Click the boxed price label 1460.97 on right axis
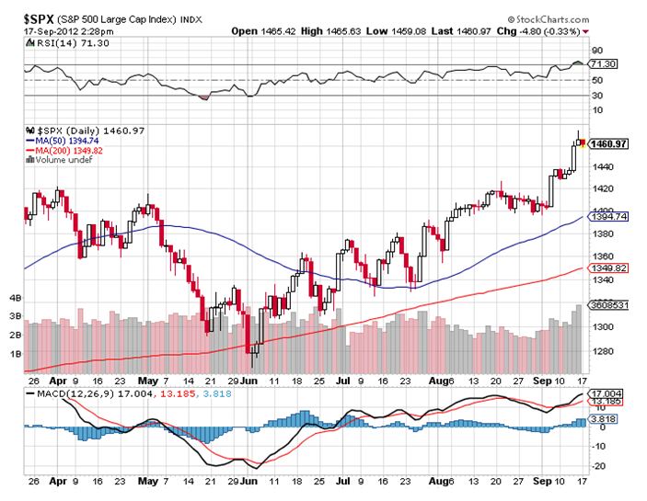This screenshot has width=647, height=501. (x=608, y=144)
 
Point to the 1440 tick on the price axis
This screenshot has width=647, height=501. (x=604, y=166)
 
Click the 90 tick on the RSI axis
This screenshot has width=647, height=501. (x=597, y=51)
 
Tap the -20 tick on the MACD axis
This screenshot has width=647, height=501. (x=598, y=465)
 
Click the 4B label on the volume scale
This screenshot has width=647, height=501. (x=16, y=299)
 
